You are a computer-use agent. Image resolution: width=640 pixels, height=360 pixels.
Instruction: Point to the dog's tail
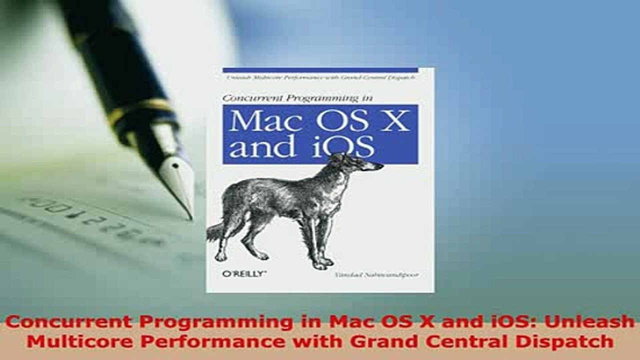tap(216, 231)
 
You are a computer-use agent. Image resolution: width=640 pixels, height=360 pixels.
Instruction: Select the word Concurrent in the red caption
tap(57, 322)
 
